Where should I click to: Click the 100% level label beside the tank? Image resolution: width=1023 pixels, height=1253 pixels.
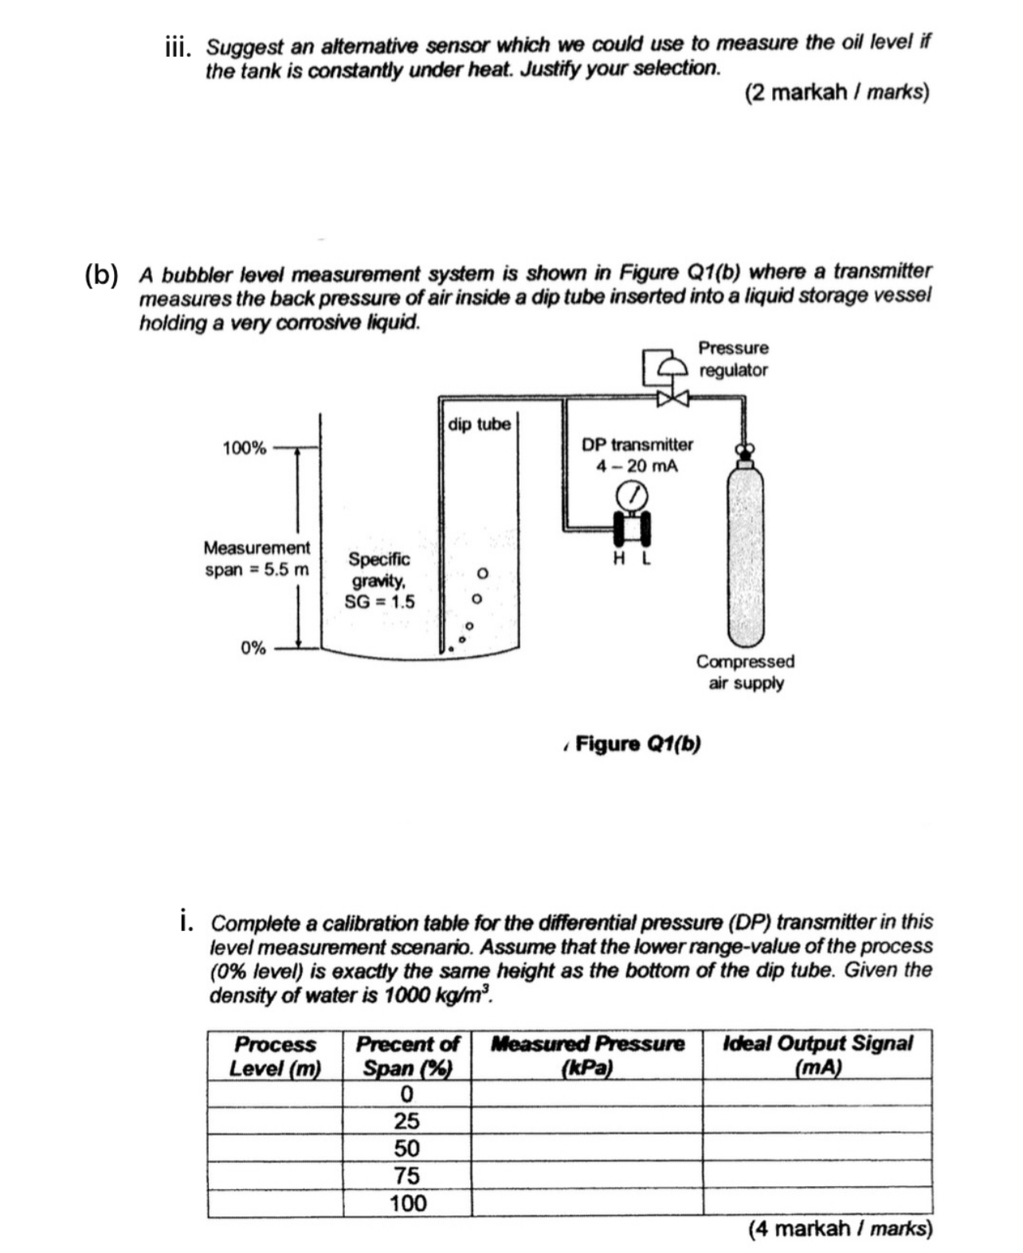(x=244, y=448)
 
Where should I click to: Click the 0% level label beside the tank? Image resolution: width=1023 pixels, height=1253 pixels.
(x=253, y=647)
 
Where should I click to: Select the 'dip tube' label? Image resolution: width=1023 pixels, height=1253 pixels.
(x=479, y=424)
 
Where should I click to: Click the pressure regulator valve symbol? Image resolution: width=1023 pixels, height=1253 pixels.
(x=666, y=396)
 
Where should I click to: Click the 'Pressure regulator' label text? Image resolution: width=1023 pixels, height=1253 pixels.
(x=733, y=359)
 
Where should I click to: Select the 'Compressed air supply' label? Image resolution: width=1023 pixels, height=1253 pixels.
(x=745, y=672)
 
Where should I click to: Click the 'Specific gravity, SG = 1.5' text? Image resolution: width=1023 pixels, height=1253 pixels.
(x=379, y=580)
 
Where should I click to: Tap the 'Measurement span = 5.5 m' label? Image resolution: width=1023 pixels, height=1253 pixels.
(x=257, y=559)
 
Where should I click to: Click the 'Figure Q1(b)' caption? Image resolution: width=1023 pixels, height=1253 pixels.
(x=637, y=744)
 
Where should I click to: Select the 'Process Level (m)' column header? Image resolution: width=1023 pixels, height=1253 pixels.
(x=275, y=1055)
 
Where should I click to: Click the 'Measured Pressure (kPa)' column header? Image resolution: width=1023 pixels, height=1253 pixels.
(x=587, y=1055)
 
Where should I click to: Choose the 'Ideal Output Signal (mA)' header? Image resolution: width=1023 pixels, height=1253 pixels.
(x=817, y=1055)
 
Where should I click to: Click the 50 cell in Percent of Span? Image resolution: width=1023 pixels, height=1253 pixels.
(x=406, y=1148)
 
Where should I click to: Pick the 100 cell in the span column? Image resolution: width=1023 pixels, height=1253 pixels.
(x=407, y=1203)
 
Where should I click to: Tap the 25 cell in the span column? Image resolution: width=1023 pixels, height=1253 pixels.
(x=406, y=1121)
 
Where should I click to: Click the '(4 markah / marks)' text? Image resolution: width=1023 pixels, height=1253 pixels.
(x=840, y=1228)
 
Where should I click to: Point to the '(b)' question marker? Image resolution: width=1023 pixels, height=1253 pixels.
(x=102, y=274)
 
